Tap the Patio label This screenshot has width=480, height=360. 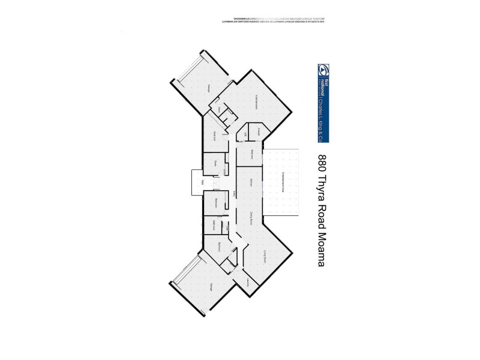tap(203, 182)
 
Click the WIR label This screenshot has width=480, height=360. tap(245, 134)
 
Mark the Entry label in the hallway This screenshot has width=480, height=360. tap(234, 193)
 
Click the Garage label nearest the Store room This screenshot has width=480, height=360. tap(209, 88)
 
